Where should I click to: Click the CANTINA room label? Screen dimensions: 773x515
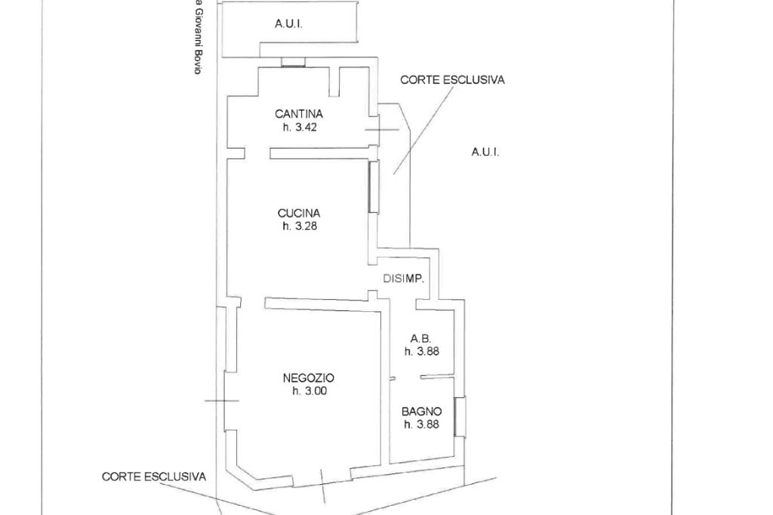click(x=299, y=114)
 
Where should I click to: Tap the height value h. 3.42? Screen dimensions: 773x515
click(x=299, y=128)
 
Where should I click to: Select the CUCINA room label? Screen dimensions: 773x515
click(x=299, y=214)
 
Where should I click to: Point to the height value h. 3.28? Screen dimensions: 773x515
click(x=299, y=227)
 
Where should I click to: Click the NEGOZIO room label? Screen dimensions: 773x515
click(x=309, y=378)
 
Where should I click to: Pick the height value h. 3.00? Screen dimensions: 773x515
click(x=309, y=391)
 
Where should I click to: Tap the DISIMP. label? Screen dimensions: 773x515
click(x=404, y=279)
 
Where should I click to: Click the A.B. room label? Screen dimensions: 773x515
click(x=421, y=339)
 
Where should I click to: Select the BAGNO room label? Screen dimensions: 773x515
click(x=421, y=412)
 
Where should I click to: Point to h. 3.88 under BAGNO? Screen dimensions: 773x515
click(x=421, y=424)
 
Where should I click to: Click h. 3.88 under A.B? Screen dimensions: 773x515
click(x=421, y=352)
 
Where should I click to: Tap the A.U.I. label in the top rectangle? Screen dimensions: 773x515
click(x=288, y=23)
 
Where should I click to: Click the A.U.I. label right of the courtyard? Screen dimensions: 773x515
click(x=485, y=152)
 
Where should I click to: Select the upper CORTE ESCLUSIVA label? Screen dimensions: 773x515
click(x=452, y=80)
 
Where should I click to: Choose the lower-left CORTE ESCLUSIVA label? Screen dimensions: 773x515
click(x=154, y=477)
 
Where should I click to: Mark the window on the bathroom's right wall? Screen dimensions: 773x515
click(x=460, y=417)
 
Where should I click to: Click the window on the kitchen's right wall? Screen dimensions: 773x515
click(x=374, y=187)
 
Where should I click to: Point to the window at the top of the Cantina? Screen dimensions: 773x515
click(x=294, y=62)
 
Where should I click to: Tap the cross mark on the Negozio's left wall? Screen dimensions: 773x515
click(x=221, y=400)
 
